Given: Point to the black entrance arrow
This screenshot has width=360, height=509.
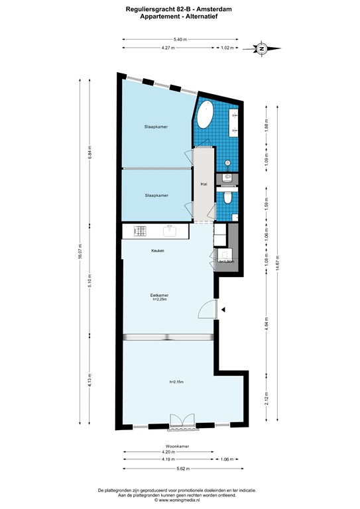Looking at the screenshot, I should [224, 310].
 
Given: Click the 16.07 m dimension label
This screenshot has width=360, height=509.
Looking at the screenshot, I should [80, 253].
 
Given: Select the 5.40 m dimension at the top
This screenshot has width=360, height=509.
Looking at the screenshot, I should [180, 40].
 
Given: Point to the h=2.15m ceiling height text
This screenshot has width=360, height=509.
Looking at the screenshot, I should [176, 382].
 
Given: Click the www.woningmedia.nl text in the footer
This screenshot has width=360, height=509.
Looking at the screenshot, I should [180, 500].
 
